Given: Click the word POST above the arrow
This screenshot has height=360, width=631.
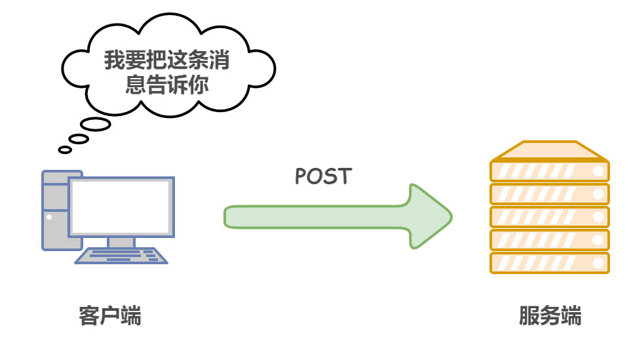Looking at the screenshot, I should tap(323, 176).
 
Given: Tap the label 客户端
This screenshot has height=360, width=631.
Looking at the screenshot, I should tap(109, 316).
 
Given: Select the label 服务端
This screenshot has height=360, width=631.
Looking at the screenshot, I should tap(550, 316).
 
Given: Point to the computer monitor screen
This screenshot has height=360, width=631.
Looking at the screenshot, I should tap(121, 207).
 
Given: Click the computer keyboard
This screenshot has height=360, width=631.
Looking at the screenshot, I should tap(121, 255).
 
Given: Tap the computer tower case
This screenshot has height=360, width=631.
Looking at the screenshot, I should tap(55, 210).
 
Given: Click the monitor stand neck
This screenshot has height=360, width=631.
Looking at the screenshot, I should tap(121, 242).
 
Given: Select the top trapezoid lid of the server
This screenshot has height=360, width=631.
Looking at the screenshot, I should tap(549, 151).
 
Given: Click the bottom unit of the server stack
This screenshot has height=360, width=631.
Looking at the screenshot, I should tap(549, 262).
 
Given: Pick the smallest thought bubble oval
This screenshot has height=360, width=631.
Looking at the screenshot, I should tap(65, 150).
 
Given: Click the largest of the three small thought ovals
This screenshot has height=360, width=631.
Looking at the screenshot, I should tap(95, 124).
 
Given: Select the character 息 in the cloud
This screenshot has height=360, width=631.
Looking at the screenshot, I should tap(136, 85).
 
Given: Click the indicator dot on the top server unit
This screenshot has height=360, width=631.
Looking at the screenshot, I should tap(598, 172).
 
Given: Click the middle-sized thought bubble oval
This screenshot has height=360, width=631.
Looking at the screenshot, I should tap(79, 138).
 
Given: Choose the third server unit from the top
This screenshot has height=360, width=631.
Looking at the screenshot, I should tap(549, 216).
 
